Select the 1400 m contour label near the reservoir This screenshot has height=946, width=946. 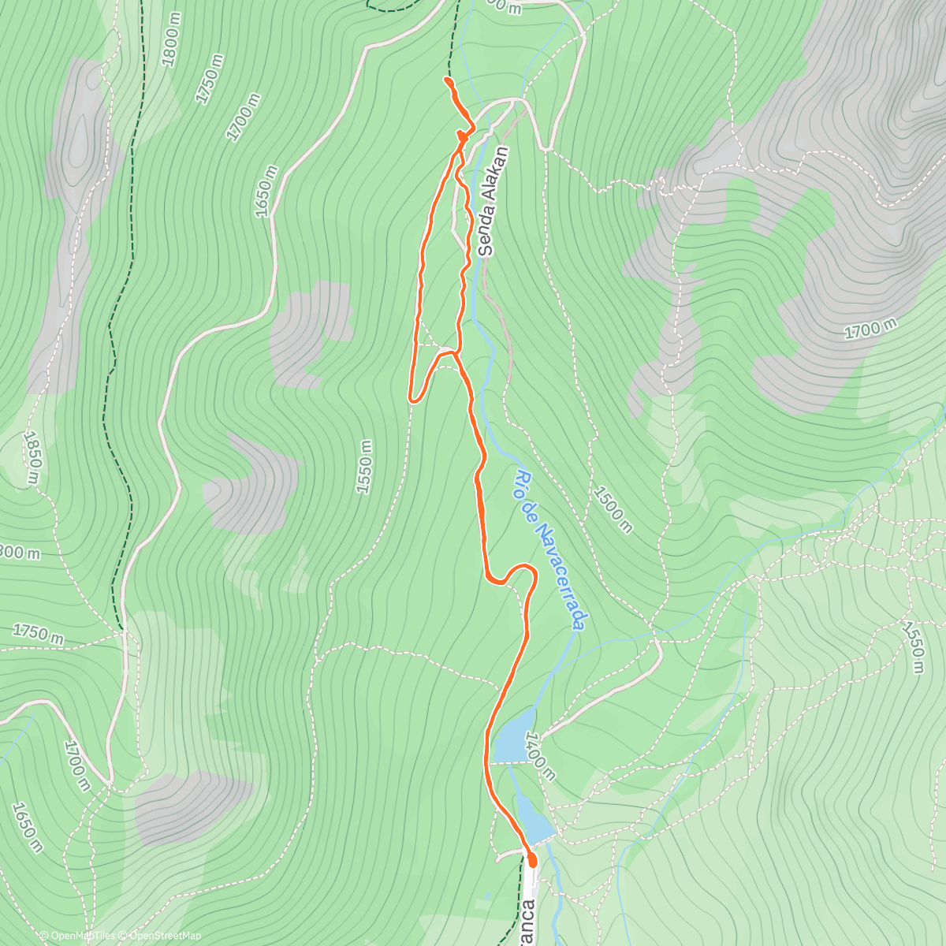pos(542,755)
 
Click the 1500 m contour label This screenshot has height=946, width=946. pos(612,509)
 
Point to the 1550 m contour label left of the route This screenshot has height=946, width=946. pos(363,467)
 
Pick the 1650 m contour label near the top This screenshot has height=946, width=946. pos(266,192)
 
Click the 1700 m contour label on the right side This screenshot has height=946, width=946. pos(871,329)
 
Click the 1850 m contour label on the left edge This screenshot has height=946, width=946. pos(31,457)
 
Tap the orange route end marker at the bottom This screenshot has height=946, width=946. pos(531,859)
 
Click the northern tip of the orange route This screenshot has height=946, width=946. pos(446,80)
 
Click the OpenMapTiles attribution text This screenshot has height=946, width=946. pos(82,936)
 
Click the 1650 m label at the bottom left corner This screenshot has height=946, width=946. pos(28,828)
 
